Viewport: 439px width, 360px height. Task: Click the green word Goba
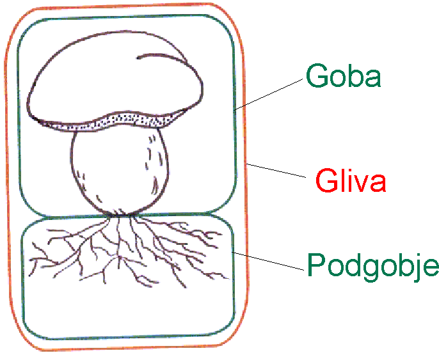(344, 76)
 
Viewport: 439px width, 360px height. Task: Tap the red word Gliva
(351, 182)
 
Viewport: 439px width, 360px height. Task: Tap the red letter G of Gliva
(327, 182)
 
